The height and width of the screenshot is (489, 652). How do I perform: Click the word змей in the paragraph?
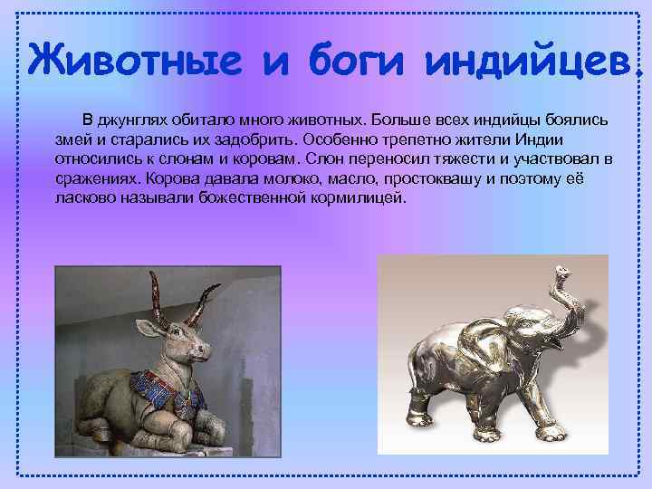(71, 139)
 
